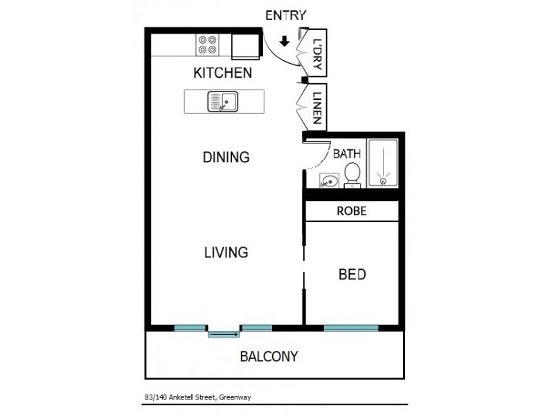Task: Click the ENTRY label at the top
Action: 285,15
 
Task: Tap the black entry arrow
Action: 284,42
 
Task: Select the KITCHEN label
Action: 222,73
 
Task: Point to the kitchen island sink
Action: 222,102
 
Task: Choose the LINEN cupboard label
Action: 317,107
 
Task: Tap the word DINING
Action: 226,157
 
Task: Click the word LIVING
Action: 226,252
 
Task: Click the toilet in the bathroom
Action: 352,175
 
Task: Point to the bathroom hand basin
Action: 328,182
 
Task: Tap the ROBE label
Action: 352,211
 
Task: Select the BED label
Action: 352,275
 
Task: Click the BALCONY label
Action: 269,357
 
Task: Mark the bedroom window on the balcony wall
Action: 351,327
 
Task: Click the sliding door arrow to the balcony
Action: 224,335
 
